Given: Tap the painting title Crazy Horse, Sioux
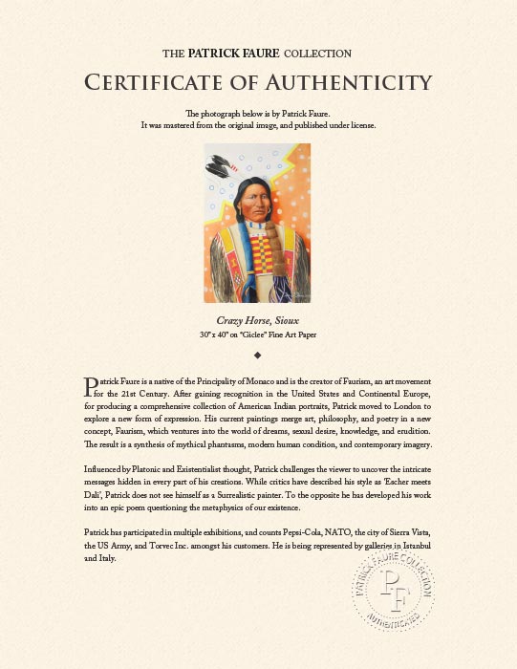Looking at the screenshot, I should (258, 321).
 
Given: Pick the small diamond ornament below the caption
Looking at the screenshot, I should (258, 354).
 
